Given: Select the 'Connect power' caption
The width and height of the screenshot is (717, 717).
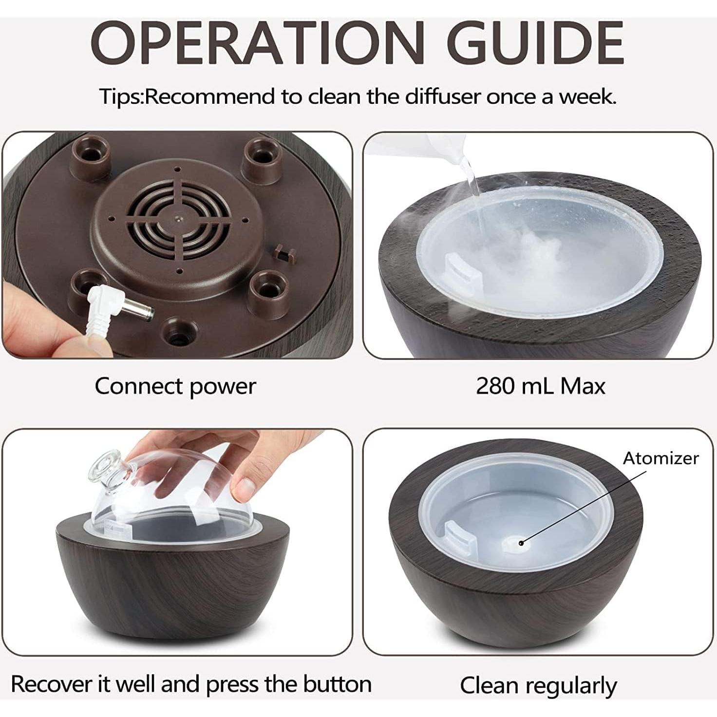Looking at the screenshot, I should (x=175, y=386).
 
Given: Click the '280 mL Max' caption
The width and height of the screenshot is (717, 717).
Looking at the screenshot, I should (x=540, y=386).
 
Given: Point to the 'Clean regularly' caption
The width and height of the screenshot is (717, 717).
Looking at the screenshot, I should (x=538, y=685).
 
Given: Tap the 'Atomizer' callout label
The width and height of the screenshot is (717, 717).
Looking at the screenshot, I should (x=660, y=458).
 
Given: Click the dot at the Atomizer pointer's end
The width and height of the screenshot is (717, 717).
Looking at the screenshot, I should (x=521, y=543).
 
